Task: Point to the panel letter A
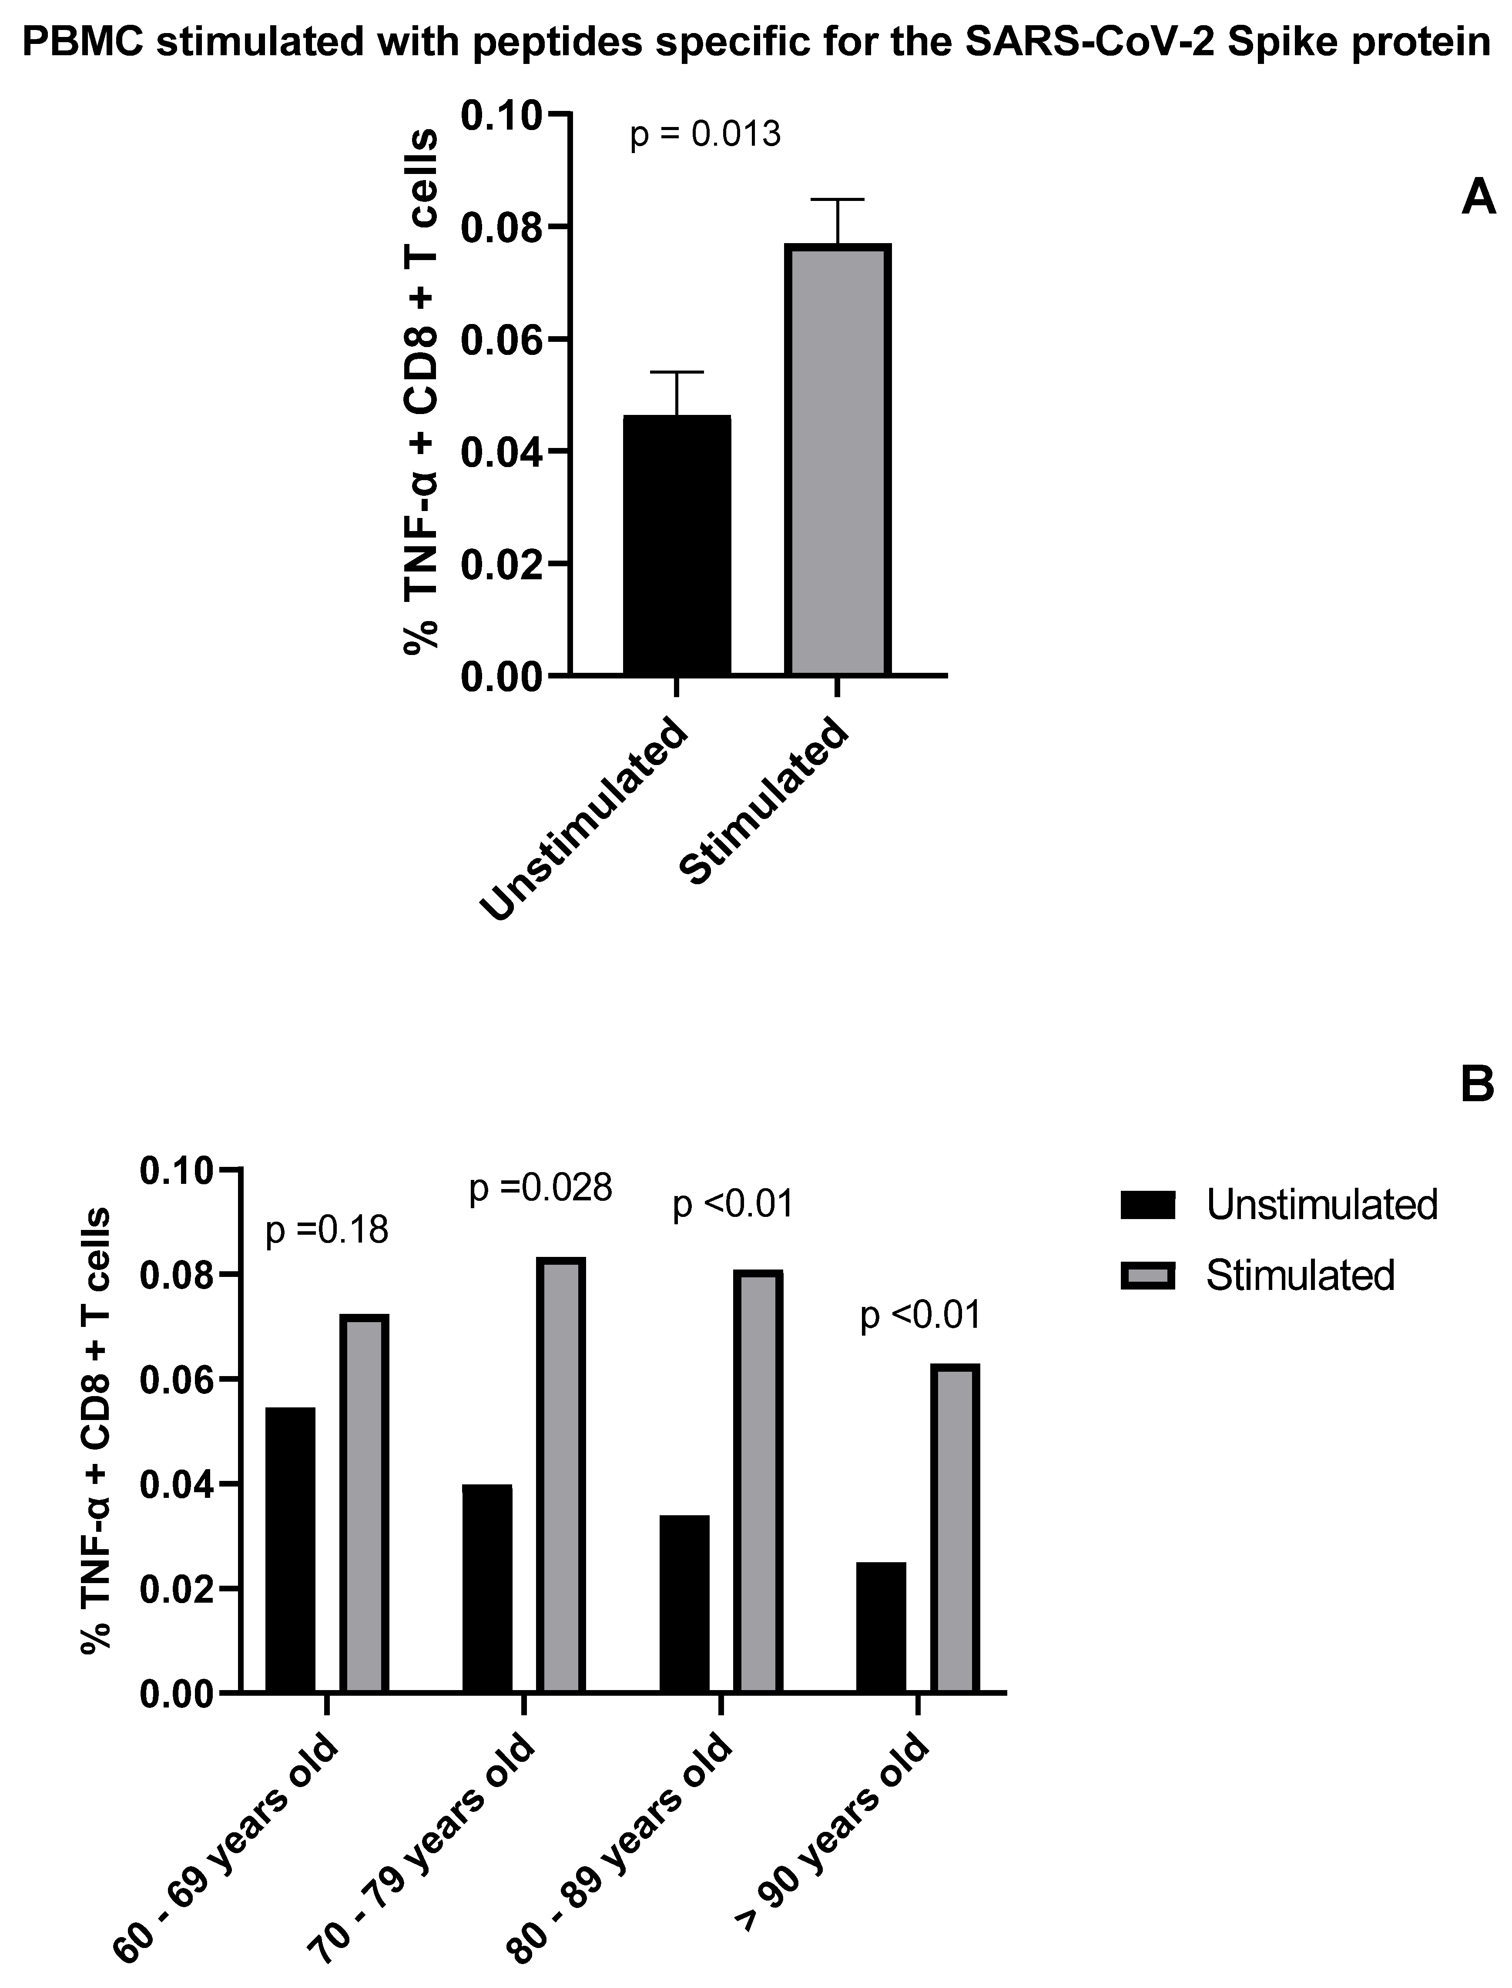click(x=1478, y=196)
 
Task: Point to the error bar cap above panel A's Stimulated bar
click(x=837, y=199)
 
